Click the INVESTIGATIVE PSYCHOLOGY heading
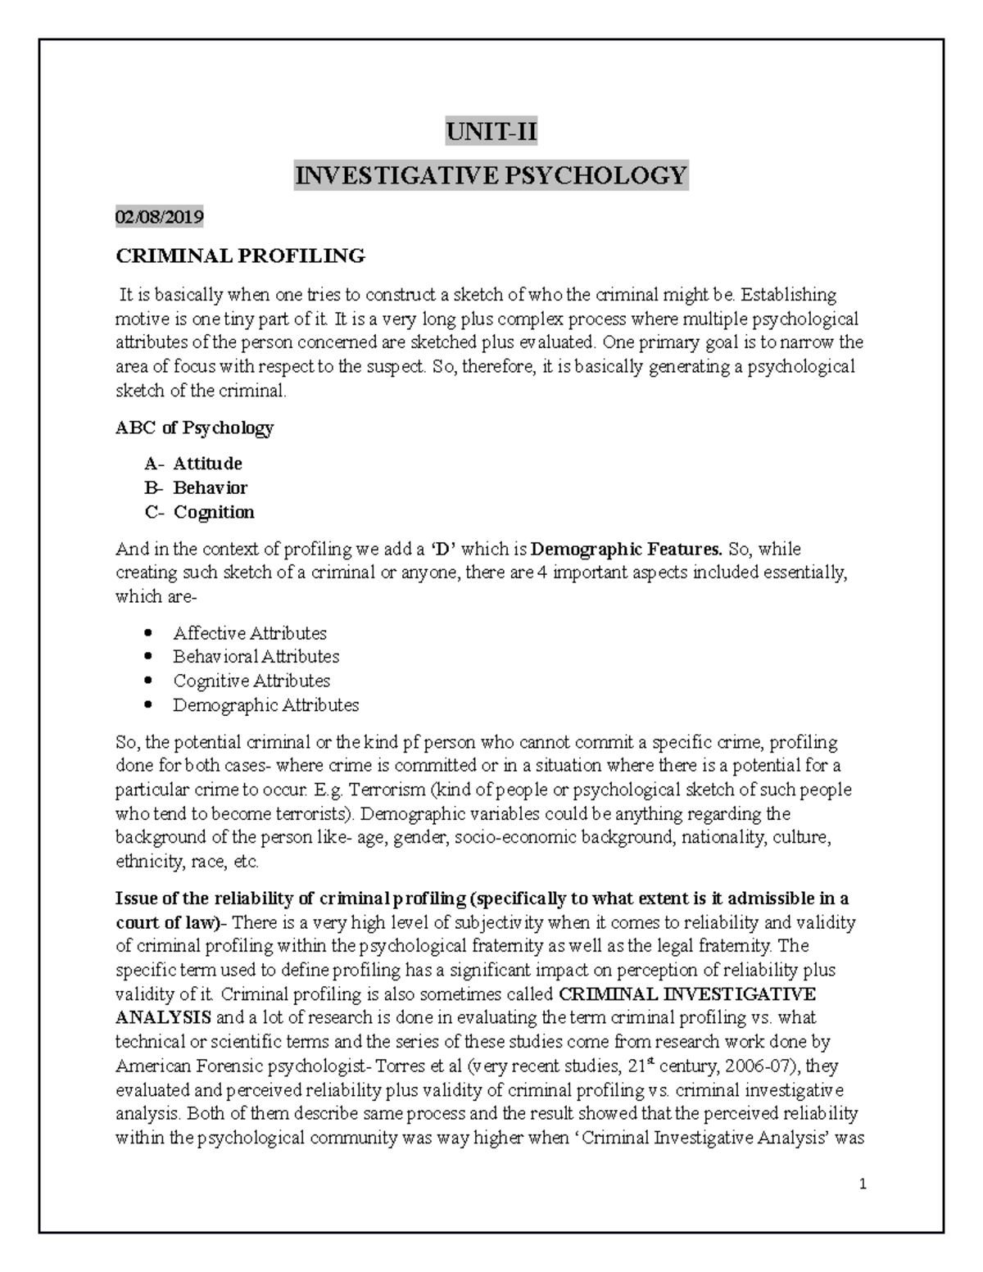[491, 175]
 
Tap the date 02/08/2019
[159, 217]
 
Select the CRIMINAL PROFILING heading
[240, 256]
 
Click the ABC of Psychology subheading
[194, 428]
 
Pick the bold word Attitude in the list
[207, 464]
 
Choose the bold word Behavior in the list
[210, 488]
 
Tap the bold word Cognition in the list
[213, 513]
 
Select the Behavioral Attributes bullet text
[256, 657]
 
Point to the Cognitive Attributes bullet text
[251, 681]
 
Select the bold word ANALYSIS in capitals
[164, 1018]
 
